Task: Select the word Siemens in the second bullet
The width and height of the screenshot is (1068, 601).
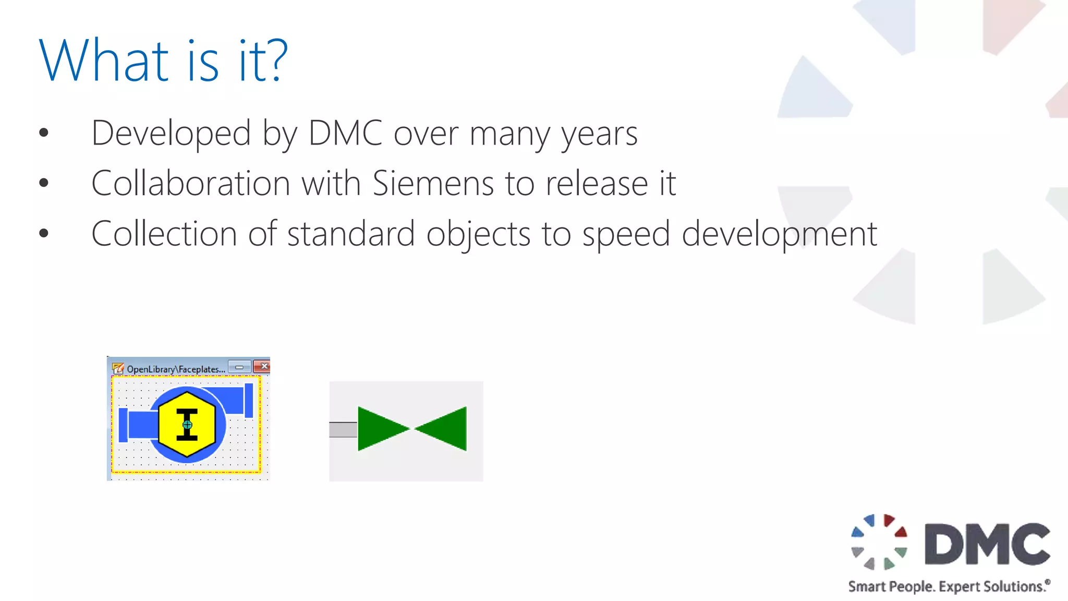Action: point(433,184)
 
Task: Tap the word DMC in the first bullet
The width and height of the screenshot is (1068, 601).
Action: point(345,133)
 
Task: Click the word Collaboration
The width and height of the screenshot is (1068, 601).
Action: point(190,184)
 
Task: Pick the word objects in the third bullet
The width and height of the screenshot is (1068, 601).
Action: point(478,234)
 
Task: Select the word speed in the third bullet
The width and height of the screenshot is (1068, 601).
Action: point(626,234)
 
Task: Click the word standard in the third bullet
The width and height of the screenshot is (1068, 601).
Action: point(351,233)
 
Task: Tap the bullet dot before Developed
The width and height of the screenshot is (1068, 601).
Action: point(44,133)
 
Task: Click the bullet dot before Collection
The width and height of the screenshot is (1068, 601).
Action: point(44,233)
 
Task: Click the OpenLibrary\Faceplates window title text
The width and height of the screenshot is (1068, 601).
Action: point(176,369)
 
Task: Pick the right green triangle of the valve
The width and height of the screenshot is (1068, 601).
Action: point(444,428)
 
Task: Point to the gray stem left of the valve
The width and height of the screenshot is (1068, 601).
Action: point(343,429)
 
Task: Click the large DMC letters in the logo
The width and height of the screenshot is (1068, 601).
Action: point(987,544)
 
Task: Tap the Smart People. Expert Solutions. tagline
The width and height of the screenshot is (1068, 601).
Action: point(948,586)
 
